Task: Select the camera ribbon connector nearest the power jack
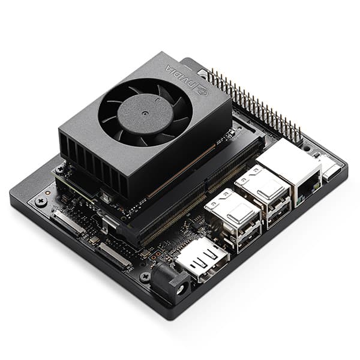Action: [114, 254]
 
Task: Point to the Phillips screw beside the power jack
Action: [145, 277]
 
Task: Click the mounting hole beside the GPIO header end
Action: [307, 146]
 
